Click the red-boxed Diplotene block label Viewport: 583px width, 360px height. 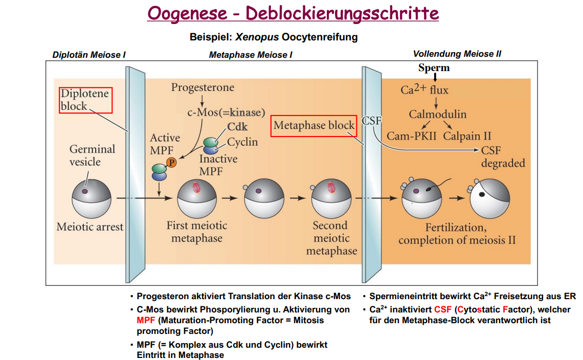[x=85, y=100]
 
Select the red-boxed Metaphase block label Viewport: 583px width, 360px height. [x=313, y=125]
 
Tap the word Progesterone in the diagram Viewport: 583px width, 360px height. [x=203, y=87]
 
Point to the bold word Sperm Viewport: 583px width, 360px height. [x=434, y=68]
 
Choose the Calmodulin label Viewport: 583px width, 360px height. [x=437, y=115]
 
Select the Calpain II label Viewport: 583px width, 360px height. [x=467, y=136]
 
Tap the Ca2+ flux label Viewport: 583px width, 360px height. [x=424, y=90]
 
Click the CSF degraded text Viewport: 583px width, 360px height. [x=503, y=157]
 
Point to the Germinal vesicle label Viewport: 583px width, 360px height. [x=92, y=155]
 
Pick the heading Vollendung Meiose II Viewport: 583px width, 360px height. [x=457, y=54]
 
